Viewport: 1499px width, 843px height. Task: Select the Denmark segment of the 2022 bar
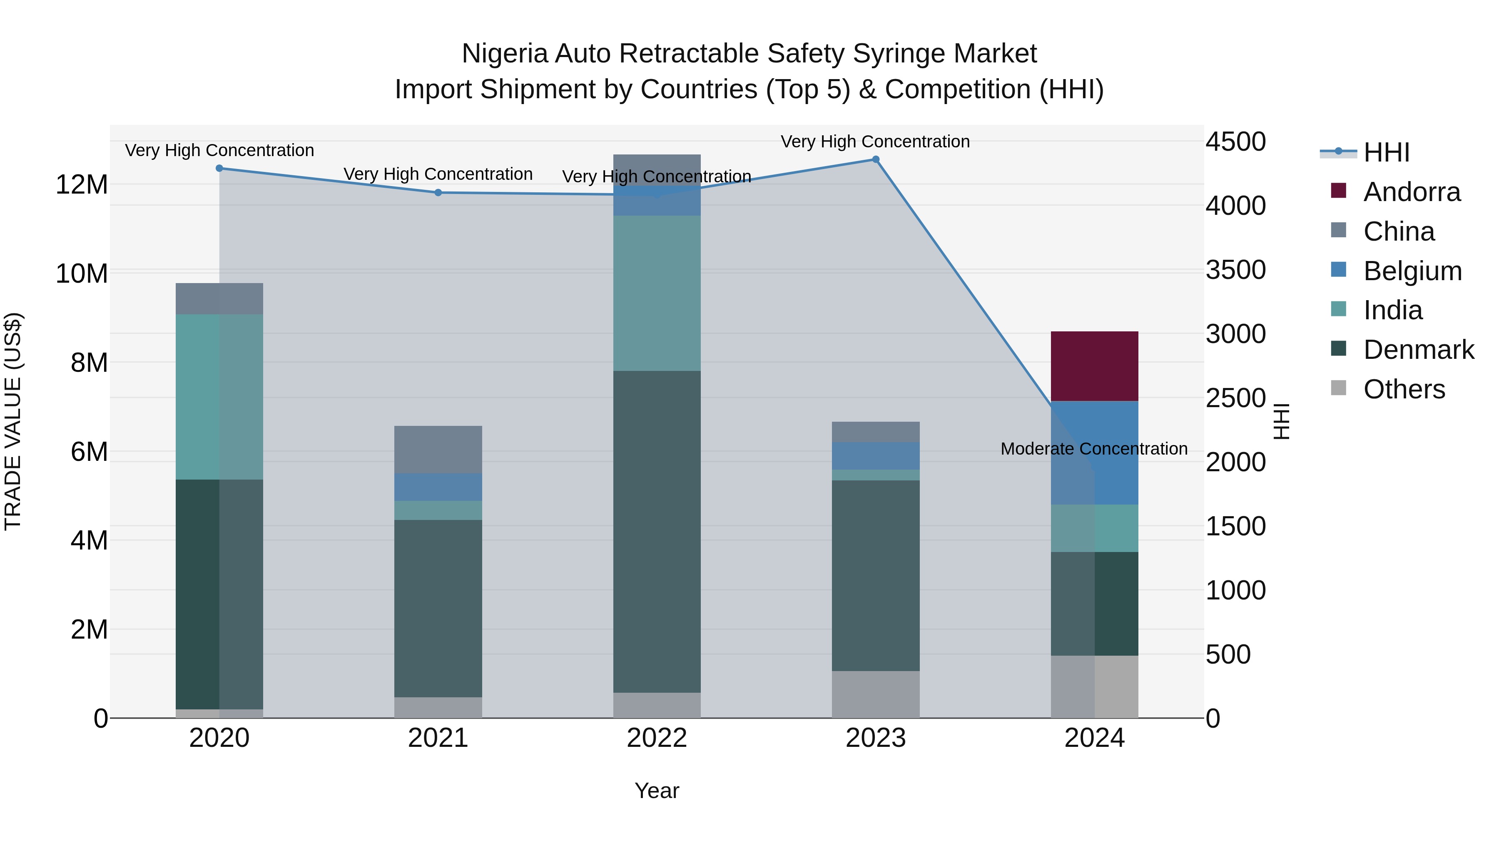click(657, 531)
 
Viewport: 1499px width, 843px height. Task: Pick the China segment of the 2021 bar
click(438, 449)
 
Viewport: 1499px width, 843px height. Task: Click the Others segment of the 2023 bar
click(875, 694)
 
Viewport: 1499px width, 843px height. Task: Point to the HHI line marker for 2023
click(875, 159)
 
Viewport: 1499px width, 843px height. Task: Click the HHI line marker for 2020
click(219, 168)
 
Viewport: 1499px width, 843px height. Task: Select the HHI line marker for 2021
click(438, 193)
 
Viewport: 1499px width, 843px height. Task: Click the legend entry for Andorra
click(1411, 192)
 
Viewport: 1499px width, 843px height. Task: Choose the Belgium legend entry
click(1412, 271)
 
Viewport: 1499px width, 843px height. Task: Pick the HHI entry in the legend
click(1386, 152)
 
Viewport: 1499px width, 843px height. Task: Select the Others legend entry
click(1404, 389)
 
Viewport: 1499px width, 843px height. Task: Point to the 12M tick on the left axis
click(82, 185)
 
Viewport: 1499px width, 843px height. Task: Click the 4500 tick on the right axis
click(1235, 142)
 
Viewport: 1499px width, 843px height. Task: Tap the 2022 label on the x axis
click(657, 738)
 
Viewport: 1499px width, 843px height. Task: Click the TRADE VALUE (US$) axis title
click(13, 421)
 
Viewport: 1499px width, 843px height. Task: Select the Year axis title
click(657, 791)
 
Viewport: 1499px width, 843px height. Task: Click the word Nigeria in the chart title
click(504, 54)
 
